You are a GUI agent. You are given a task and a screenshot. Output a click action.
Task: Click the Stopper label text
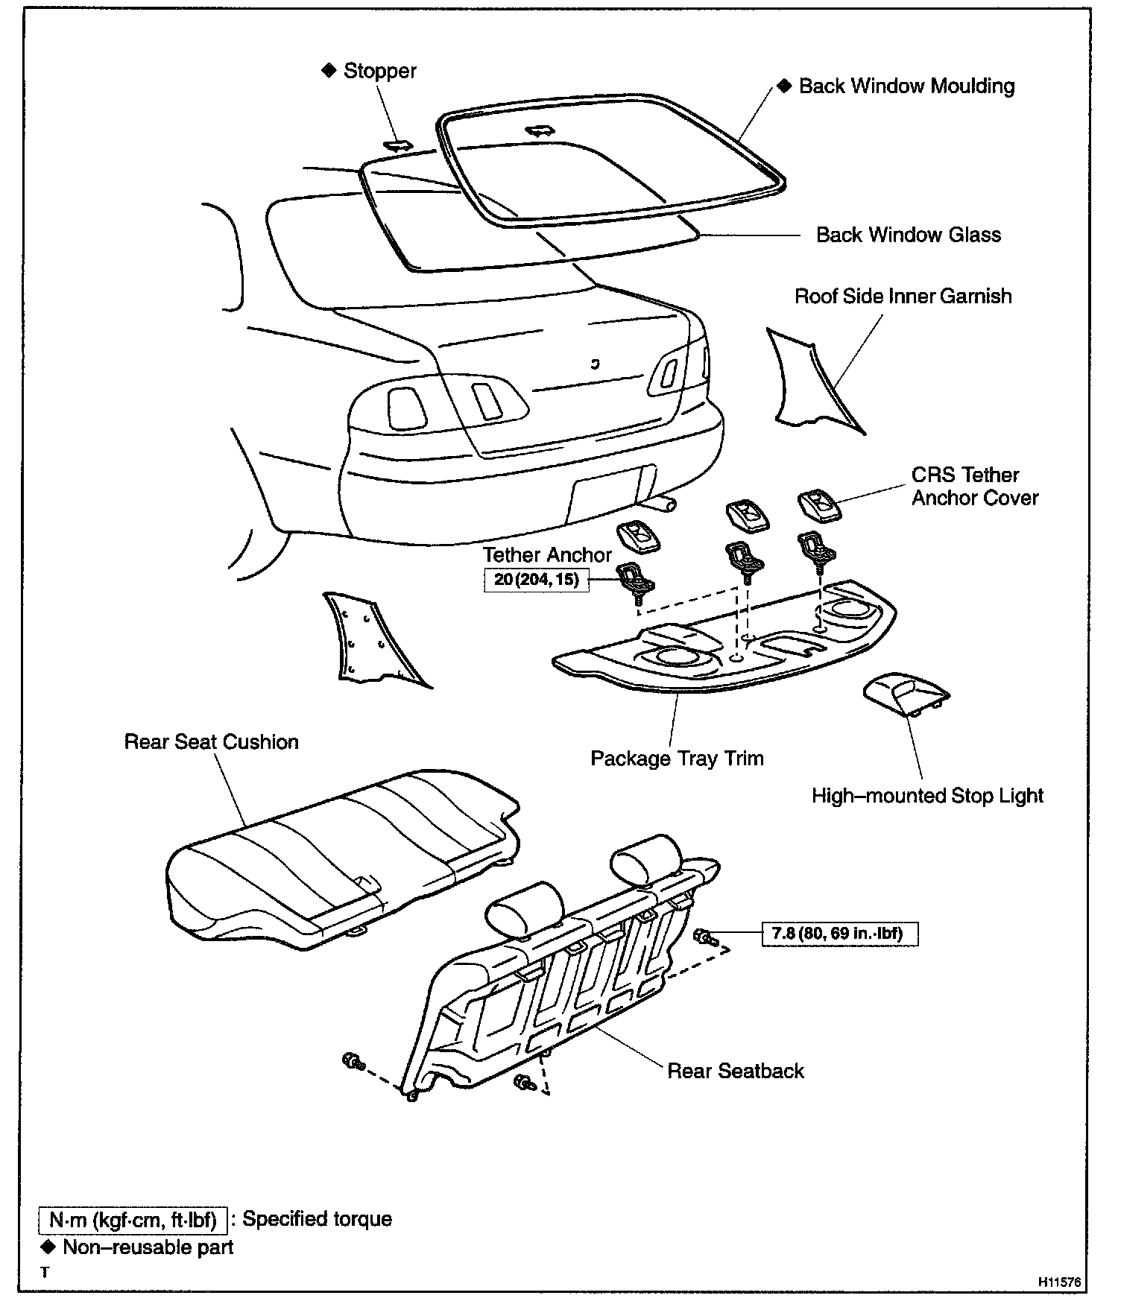(x=379, y=72)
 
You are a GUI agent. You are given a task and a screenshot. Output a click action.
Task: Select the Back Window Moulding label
(x=906, y=86)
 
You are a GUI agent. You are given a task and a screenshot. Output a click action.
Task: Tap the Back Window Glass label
(x=908, y=235)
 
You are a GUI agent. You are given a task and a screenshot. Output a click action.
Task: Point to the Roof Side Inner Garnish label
(x=903, y=297)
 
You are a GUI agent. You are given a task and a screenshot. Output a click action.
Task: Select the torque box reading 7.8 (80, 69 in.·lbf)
(x=839, y=933)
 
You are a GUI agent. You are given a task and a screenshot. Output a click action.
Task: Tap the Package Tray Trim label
(x=677, y=759)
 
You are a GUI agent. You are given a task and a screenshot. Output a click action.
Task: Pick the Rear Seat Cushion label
(x=211, y=742)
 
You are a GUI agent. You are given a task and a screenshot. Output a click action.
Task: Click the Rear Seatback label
(x=735, y=1071)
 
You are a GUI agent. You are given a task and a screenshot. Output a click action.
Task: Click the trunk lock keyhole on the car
(x=594, y=364)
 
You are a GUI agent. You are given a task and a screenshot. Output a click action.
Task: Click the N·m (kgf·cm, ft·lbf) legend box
(x=133, y=1220)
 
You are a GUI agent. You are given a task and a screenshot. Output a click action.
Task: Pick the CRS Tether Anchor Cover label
(x=974, y=487)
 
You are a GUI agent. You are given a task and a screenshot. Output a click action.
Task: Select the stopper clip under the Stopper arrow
(x=398, y=145)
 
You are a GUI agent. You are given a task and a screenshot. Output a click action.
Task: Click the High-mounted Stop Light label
(x=926, y=796)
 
